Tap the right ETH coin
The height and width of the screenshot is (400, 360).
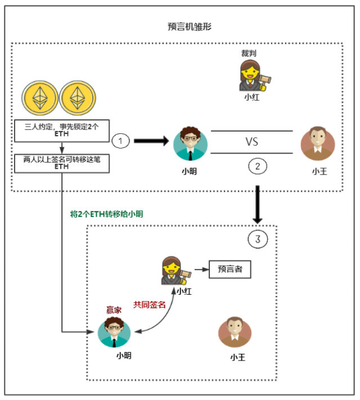click(76, 99)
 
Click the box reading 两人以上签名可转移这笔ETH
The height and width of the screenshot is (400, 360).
click(61, 163)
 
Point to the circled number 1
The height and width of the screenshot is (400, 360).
click(120, 140)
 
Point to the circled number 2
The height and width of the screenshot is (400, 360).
click(257, 166)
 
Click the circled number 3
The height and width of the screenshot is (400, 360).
click(258, 239)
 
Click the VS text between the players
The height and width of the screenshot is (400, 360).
click(251, 141)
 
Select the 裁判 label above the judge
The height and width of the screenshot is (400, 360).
click(249, 53)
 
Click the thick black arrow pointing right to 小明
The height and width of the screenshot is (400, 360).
click(151, 141)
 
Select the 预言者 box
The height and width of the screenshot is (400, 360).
click(230, 269)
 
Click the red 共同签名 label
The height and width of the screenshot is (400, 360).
click(150, 304)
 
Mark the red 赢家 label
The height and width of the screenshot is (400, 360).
click(114, 309)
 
